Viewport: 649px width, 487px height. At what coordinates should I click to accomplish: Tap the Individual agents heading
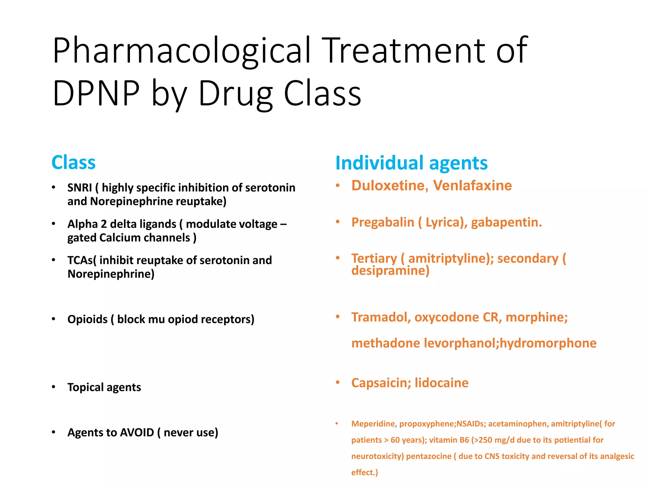pyautogui.click(x=411, y=163)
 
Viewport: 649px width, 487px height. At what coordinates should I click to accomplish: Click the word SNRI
pyautogui.click(x=80, y=188)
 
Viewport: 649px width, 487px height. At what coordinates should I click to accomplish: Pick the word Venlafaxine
pyautogui.click(x=472, y=185)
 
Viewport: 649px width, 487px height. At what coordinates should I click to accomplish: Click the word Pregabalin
pyautogui.click(x=382, y=222)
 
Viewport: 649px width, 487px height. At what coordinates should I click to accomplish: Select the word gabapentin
pyautogui.click(x=506, y=222)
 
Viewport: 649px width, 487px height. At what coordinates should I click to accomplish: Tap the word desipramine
pyautogui.click(x=390, y=270)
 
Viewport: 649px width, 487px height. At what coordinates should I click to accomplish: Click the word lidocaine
pyautogui.click(x=441, y=383)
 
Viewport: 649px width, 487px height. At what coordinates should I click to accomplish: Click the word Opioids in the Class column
pyautogui.click(x=87, y=319)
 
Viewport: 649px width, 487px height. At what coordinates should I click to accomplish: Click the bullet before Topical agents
pyautogui.click(x=54, y=387)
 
